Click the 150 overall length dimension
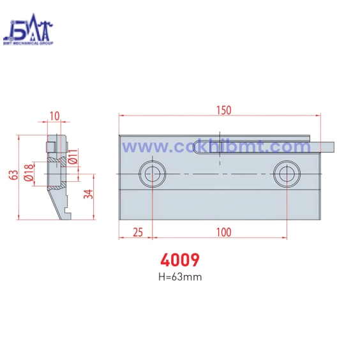[223, 110]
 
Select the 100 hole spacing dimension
[223, 232]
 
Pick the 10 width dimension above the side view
[54, 116]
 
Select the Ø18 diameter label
[29, 172]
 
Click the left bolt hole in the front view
[153, 173]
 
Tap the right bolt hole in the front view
[287, 173]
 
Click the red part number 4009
[179, 260]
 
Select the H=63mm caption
[179, 276]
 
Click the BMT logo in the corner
[28, 32]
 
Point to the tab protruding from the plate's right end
[326, 147]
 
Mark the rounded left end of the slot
[199, 148]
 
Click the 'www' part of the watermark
[141, 147]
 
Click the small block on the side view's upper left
[49, 147]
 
